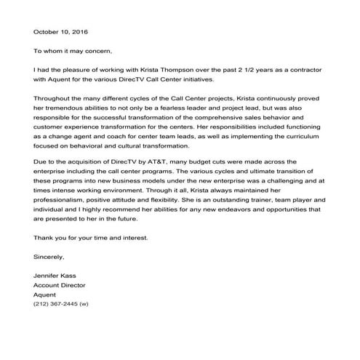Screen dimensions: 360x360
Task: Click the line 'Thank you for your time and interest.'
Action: point(91,238)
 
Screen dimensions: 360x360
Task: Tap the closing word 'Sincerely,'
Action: point(49,257)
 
